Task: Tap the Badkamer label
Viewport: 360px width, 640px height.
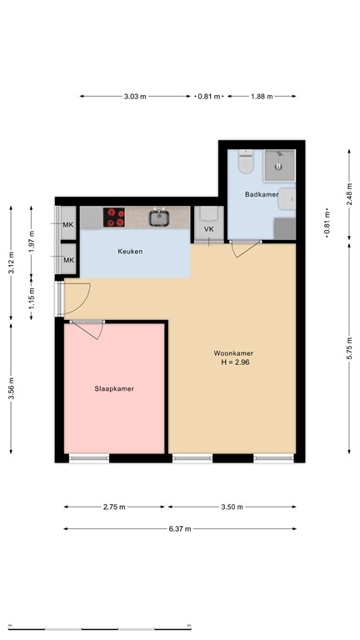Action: click(261, 194)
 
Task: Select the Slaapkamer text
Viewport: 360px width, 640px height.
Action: click(113, 388)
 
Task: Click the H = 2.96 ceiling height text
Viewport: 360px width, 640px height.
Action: click(234, 362)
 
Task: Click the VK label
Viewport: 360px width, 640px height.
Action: click(208, 229)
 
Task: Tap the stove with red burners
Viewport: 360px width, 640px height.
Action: click(114, 217)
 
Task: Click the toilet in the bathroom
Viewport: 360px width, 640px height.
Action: click(245, 162)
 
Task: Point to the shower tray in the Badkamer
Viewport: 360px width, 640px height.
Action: click(280, 166)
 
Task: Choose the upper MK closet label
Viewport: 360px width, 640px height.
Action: click(68, 225)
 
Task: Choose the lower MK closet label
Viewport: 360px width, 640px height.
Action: click(68, 261)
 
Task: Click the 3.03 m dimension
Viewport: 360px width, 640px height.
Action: click(135, 97)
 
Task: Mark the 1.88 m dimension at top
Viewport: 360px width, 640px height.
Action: click(262, 97)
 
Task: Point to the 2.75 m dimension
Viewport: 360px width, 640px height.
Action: click(116, 507)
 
